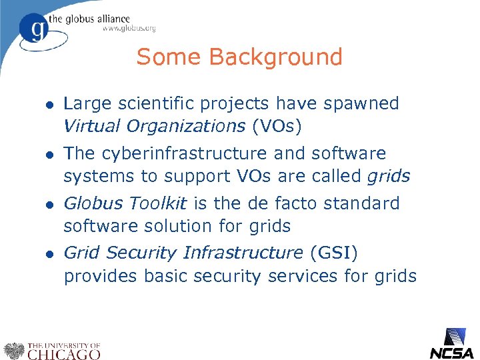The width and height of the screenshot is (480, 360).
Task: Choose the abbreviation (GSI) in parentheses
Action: click(333, 253)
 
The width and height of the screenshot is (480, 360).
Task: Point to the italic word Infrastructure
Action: click(243, 253)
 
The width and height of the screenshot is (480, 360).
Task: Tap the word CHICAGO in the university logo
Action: click(63, 354)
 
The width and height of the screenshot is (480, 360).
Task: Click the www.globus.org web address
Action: click(129, 29)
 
